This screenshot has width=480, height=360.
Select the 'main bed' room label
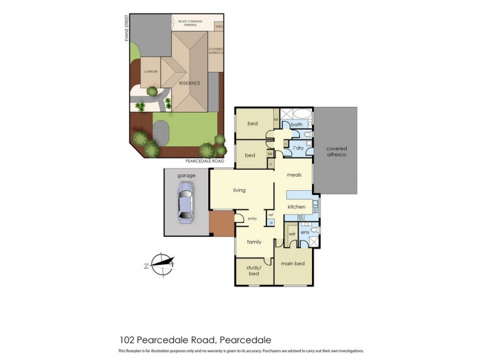click(293, 263)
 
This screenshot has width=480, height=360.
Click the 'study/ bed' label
click(253, 270)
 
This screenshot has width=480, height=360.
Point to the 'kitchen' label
click(296, 207)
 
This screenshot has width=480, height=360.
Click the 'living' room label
click(240, 190)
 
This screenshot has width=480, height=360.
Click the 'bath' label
click(296, 125)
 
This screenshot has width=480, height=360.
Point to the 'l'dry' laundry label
click(298, 147)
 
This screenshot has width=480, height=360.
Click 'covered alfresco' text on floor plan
click(336, 151)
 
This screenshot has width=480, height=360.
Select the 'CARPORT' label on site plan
click(151, 71)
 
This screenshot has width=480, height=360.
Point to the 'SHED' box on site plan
click(219, 26)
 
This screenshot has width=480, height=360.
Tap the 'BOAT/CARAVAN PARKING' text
click(191, 23)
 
